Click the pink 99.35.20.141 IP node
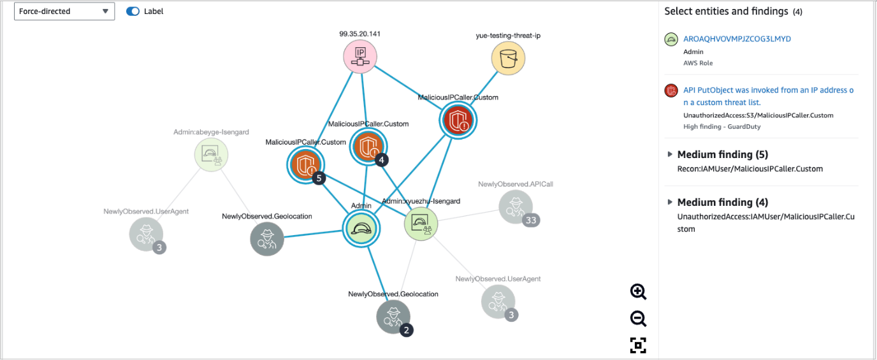(361, 57)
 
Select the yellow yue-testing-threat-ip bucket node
(508, 59)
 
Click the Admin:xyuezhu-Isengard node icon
(422, 223)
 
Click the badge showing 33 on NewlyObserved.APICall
(531, 220)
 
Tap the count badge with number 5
(319, 178)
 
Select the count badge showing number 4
(382, 160)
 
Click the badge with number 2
(406, 329)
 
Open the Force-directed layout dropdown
(64, 11)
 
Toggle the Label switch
(133, 11)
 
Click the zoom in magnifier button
(638, 292)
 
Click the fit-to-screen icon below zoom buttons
(638, 345)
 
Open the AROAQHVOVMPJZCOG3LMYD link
(737, 39)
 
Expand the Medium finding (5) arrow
(670, 154)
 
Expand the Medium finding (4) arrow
(670, 202)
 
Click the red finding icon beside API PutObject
(671, 90)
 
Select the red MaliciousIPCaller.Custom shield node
(458, 120)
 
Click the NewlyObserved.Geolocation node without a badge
(267, 239)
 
